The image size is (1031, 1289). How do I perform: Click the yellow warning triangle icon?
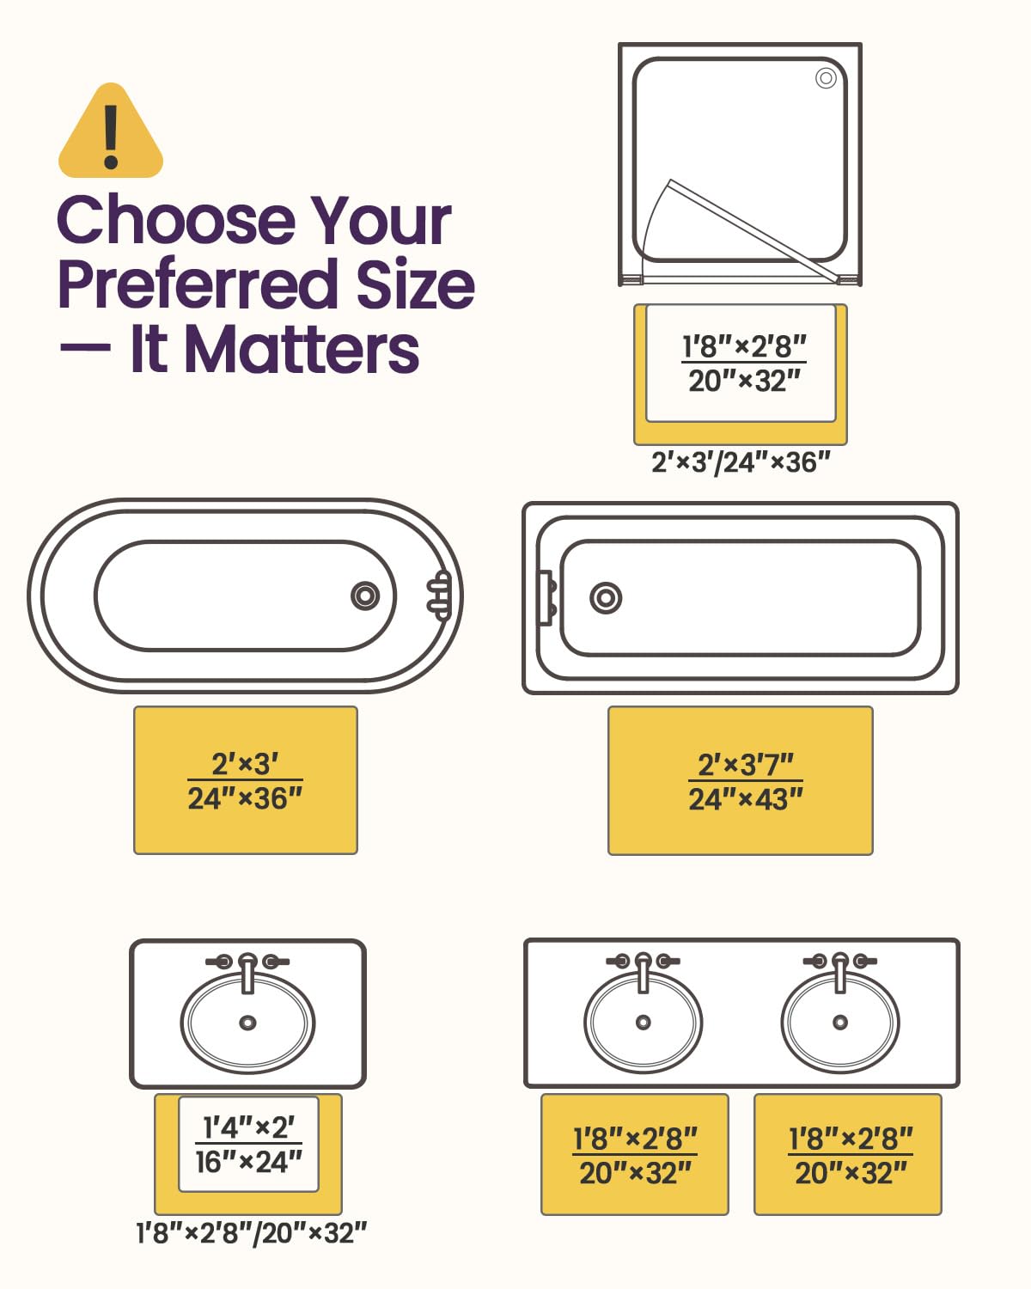[111, 131]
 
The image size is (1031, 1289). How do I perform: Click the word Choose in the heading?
[176, 221]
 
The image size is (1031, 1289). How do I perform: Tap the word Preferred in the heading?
[197, 284]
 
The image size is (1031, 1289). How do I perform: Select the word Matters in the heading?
[302, 350]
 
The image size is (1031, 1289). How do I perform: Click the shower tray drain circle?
[827, 78]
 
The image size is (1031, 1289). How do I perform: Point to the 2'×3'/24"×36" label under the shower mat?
[741, 462]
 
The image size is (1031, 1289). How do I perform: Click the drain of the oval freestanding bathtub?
[365, 596]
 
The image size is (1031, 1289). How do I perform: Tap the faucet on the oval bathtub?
[439, 596]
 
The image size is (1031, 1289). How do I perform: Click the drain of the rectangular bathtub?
[606, 598]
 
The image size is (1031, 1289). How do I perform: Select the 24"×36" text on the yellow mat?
[245, 798]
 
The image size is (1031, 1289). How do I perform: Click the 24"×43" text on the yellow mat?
[745, 800]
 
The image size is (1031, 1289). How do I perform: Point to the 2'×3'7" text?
[745, 765]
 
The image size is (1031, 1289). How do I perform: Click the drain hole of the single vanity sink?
[248, 1023]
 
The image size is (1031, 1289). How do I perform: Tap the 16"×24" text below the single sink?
[248, 1162]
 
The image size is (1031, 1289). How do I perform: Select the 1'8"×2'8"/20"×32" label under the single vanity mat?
[251, 1233]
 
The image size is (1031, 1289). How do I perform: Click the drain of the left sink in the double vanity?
[644, 1022]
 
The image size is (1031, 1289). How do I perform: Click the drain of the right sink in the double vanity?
[840, 1022]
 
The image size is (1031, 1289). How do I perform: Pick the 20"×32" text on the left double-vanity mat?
[635, 1173]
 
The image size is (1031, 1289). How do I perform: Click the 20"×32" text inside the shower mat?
[744, 381]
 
